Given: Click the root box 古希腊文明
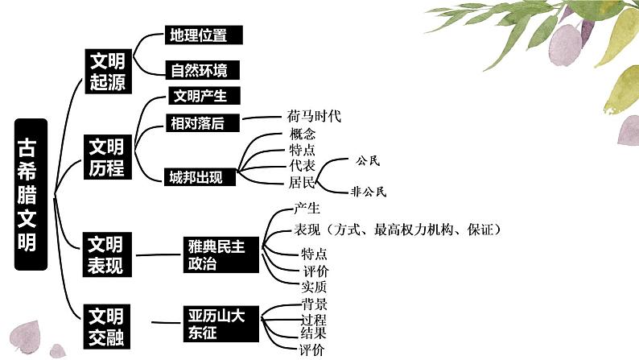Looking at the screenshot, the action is [x=31, y=195].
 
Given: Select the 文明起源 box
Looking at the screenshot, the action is [x=106, y=70].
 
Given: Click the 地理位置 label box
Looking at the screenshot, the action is [x=203, y=35].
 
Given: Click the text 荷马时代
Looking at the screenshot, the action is [x=314, y=116].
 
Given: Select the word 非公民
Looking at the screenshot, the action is [x=369, y=192].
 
